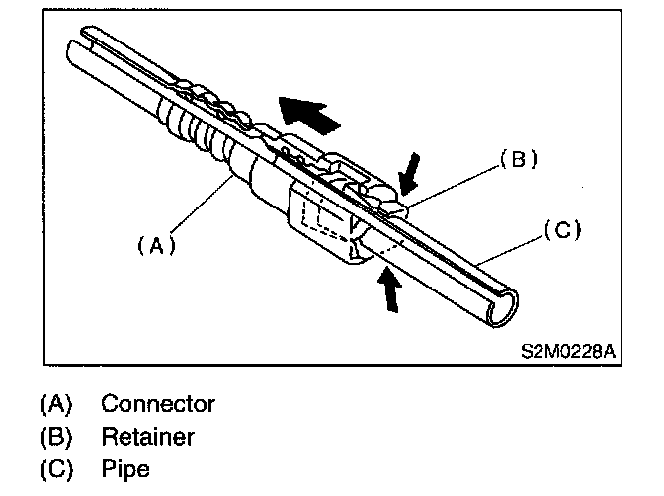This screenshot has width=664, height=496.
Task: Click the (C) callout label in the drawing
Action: (x=562, y=232)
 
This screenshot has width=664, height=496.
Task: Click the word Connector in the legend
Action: (x=158, y=404)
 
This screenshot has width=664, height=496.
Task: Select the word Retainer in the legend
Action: (x=148, y=436)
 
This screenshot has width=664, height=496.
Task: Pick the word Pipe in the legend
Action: (x=125, y=468)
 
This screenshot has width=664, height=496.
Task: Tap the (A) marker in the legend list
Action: (x=57, y=404)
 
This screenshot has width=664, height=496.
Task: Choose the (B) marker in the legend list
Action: (x=57, y=436)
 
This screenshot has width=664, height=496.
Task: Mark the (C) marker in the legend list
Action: (x=57, y=468)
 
